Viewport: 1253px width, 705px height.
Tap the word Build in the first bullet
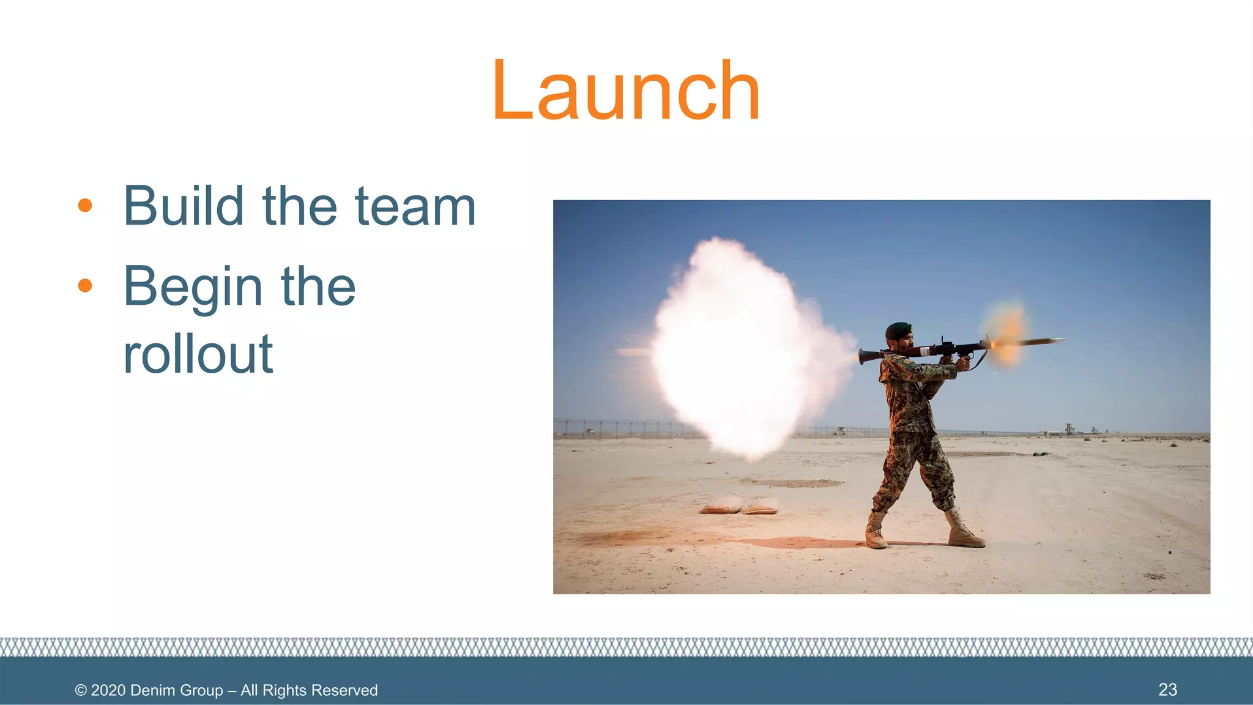coord(184,206)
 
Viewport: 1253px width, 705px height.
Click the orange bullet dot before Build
coord(85,206)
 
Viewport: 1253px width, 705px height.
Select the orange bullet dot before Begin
coord(85,285)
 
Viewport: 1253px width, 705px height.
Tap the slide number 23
coord(1167,690)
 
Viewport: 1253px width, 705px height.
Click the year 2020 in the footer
coord(108,690)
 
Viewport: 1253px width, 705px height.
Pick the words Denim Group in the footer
coord(176,690)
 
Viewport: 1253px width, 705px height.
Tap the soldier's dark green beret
coord(898,330)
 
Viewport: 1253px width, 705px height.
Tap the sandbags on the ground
coord(740,506)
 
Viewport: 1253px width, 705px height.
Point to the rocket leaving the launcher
coord(1040,341)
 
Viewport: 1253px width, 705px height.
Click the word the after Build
coord(299,206)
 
